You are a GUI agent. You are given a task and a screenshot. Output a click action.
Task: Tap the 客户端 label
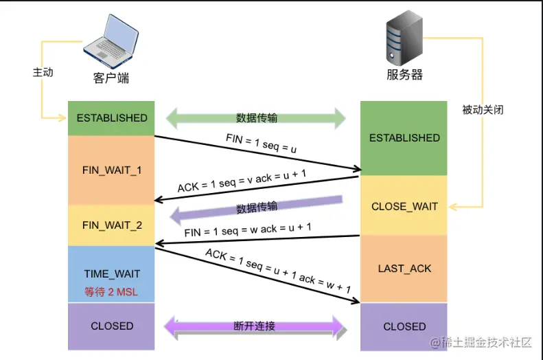click(x=111, y=77)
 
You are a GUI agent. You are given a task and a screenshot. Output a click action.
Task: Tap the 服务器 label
click(x=404, y=75)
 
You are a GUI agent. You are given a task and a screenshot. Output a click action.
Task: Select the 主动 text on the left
click(x=43, y=71)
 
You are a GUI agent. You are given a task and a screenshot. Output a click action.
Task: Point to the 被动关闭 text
click(x=483, y=109)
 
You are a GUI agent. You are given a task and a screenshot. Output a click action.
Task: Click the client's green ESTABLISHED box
click(x=112, y=118)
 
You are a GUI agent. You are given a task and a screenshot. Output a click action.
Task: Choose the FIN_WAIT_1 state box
click(x=112, y=169)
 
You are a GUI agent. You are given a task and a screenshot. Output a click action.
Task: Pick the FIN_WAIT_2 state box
click(x=112, y=225)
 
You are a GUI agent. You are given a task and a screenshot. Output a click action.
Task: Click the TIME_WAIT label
click(x=112, y=274)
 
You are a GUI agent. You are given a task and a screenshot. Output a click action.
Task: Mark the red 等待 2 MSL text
click(x=111, y=291)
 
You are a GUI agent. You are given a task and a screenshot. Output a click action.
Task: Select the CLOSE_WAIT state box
click(x=404, y=206)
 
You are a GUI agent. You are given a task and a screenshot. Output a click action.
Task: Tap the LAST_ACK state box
click(x=404, y=268)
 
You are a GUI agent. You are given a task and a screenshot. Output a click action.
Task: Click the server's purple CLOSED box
click(x=404, y=326)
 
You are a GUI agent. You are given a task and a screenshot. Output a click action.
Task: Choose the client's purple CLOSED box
click(x=112, y=326)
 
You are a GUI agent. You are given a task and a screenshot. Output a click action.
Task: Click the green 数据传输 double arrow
click(x=257, y=118)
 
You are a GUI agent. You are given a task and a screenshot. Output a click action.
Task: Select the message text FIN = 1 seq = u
click(x=260, y=143)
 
